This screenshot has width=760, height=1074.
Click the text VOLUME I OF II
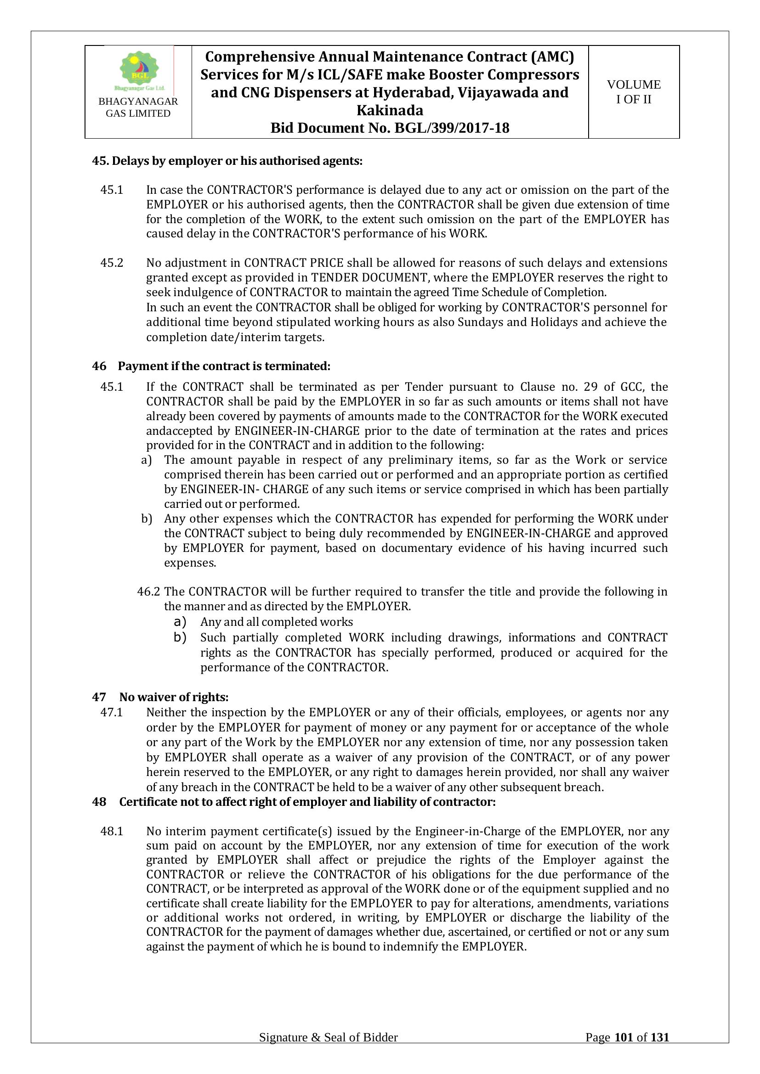(634, 92)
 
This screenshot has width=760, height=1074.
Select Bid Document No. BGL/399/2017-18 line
(390, 128)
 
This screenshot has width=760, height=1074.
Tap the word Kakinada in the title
(390, 110)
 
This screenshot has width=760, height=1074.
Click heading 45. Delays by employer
(227, 161)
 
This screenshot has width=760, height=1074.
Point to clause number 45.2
(112, 263)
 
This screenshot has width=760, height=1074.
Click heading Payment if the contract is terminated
(224, 366)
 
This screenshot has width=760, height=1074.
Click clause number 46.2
(148, 592)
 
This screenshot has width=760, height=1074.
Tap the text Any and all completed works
(277, 622)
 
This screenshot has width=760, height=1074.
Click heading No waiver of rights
(174, 697)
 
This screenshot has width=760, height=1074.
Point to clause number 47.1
(112, 713)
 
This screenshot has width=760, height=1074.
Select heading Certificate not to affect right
(307, 802)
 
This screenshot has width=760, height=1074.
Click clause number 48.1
(112, 831)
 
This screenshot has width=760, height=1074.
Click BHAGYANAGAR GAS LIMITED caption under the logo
(138, 107)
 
